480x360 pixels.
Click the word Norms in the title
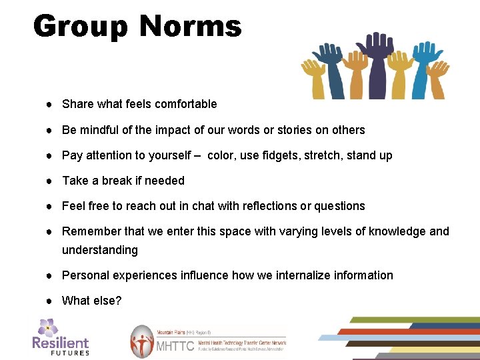click(190, 27)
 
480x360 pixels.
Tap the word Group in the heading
click(81, 27)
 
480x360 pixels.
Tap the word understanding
click(100, 250)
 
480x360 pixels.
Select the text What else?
click(92, 301)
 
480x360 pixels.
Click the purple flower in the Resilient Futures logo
click(47, 327)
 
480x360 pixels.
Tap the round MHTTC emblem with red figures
click(141, 342)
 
